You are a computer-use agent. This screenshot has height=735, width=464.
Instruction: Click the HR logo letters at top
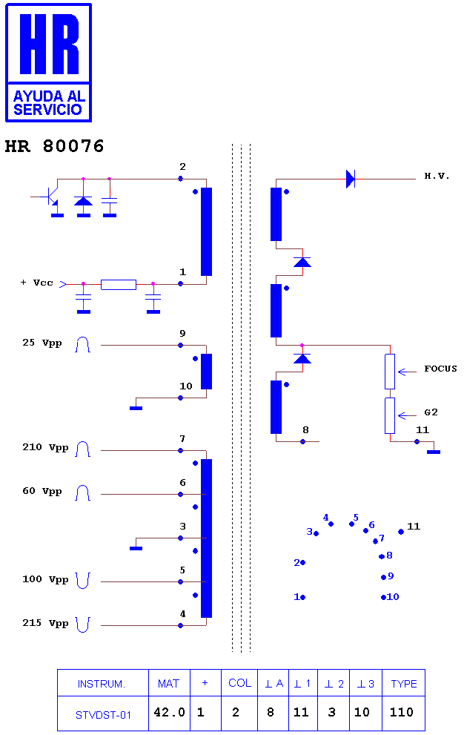pos(49,44)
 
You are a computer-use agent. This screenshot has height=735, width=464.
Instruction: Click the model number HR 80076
pos(54,146)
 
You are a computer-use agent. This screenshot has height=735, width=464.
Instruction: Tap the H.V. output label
pos(437,177)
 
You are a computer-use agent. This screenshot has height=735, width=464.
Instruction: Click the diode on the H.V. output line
pos(351,179)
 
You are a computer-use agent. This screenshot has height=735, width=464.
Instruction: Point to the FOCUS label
pos(440,369)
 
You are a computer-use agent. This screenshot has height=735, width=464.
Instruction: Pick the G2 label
pos(431,412)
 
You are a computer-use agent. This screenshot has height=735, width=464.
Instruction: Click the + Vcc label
pos(36,283)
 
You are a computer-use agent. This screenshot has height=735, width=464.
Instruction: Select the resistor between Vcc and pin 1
pos(119,285)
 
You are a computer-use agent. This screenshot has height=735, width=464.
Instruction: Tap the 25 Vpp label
pos(42,343)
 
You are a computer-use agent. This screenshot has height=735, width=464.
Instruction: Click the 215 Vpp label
pos(45,623)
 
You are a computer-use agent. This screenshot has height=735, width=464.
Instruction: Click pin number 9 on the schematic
pos(182,334)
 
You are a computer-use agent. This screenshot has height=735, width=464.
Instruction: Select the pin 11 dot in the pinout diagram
pos(401,532)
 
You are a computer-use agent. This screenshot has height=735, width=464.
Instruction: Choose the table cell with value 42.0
pos(169,713)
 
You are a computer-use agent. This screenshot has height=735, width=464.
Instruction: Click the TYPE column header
pos(403,684)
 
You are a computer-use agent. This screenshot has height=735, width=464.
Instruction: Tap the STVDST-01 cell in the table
pos(103,715)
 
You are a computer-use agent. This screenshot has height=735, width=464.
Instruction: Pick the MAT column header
pos(169,684)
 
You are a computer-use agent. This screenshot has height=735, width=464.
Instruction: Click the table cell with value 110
pos(402,713)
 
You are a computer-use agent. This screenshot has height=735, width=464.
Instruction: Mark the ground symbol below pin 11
pos(434,452)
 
